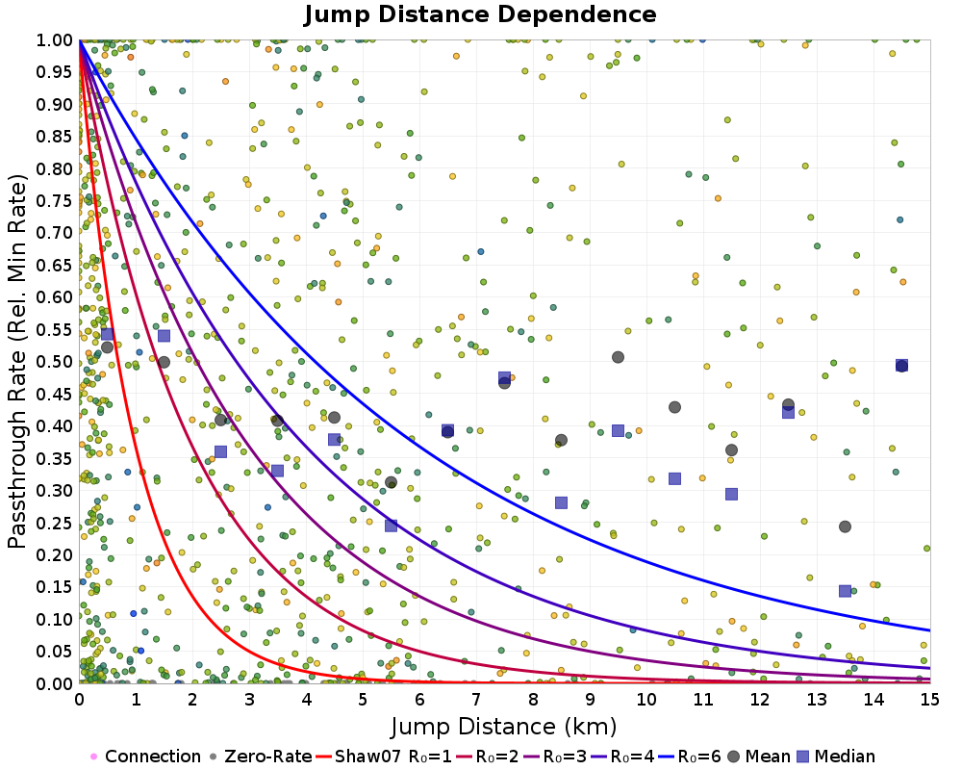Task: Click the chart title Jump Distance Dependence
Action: coord(480,14)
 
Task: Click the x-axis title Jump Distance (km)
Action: coord(503,726)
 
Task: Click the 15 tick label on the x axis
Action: coord(929,699)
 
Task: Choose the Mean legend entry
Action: coord(765,757)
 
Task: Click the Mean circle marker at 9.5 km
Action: coord(618,357)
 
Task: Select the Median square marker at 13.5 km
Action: coord(845,591)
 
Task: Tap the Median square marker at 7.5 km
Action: coord(504,377)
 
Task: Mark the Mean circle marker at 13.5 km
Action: coord(845,526)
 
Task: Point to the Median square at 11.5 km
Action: coord(731,494)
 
